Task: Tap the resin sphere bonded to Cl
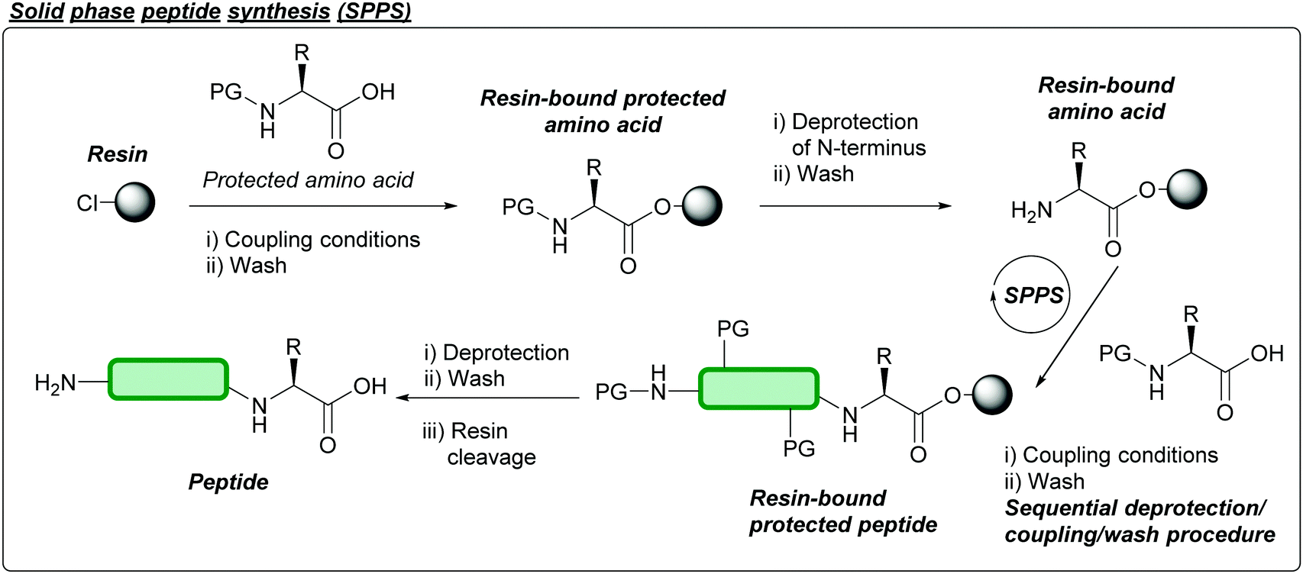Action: click(x=135, y=202)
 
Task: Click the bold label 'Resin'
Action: click(x=117, y=154)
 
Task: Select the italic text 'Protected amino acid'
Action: click(x=308, y=180)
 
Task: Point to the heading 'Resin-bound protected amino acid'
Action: click(x=603, y=111)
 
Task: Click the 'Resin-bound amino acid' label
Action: click(x=1106, y=98)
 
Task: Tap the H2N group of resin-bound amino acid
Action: click(x=1031, y=211)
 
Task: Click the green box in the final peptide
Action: click(x=168, y=379)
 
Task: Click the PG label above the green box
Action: click(x=733, y=330)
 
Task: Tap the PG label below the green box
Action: click(x=799, y=450)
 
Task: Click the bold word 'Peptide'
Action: click(x=228, y=482)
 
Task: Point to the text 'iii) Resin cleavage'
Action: click(x=479, y=444)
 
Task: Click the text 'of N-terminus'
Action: click(x=858, y=147)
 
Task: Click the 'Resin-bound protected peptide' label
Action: click(x=842, y=511)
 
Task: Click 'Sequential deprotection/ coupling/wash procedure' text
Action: click(x=1139, y=521)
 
